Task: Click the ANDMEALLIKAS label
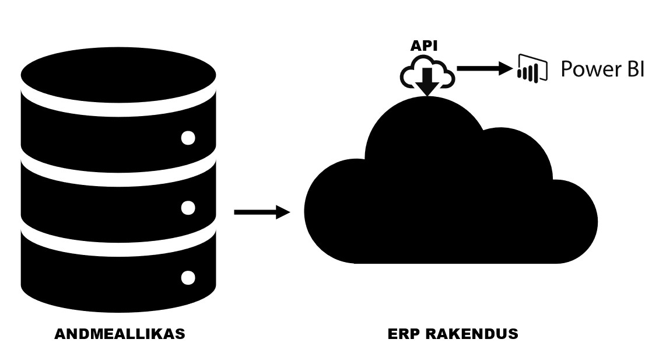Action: pos(120,334)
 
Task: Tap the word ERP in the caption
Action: pos(404,334)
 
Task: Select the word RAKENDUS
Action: pos(472,334)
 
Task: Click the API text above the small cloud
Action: pos(423,46)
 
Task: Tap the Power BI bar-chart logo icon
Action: pos(532,68)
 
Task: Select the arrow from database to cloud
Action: pos(262,212)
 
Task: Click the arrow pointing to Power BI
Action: pos(485,68)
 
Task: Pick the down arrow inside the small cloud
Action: pos(427,81)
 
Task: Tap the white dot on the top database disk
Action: pos(188,138)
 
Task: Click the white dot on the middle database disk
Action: pos(188,208)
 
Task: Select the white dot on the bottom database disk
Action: pos(188,278)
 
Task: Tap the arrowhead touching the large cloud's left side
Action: pos(283,212)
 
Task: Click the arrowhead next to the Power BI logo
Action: pos(506,68)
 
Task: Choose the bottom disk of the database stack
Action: pos(118,274)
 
